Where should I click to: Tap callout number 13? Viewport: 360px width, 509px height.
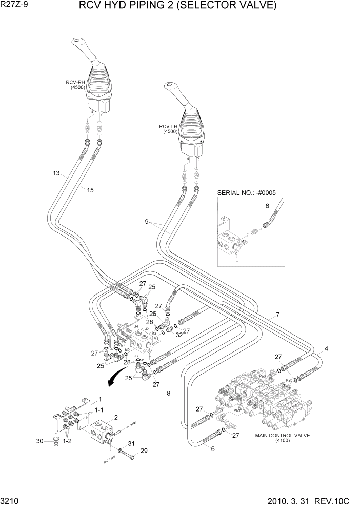pos(56,173)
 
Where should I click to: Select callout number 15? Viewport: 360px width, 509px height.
pos(90,190)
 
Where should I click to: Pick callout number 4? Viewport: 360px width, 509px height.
pos(326,349)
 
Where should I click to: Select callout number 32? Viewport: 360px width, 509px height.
pos(178,336)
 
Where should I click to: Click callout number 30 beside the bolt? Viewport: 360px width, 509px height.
pos(39,440)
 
